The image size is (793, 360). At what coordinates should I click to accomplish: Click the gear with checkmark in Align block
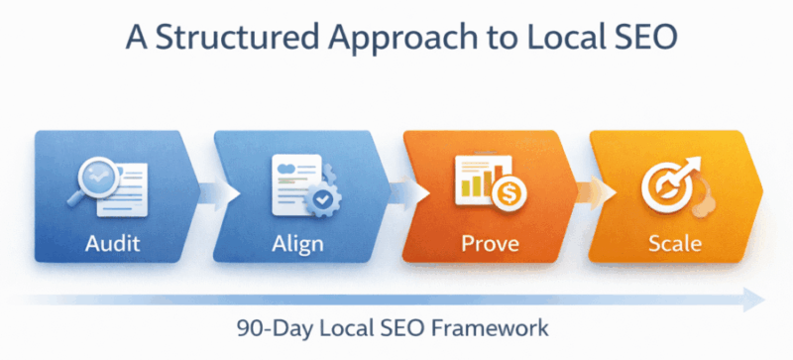(318, 198)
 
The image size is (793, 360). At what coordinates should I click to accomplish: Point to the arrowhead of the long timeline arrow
(755, 299)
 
